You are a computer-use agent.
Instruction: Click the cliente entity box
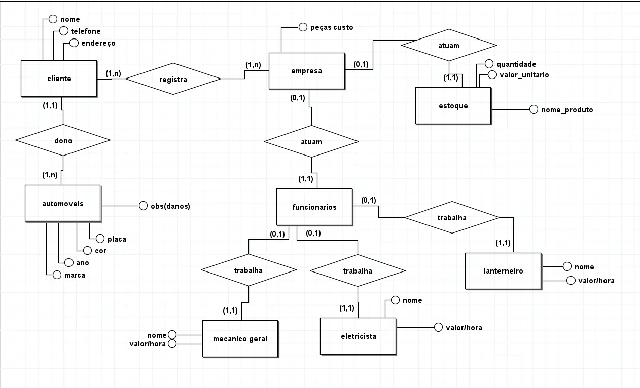point(59,79)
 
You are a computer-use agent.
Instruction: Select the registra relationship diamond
point(173,79)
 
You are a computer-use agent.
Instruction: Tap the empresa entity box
point(306,71)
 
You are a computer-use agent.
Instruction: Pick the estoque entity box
point(453,106)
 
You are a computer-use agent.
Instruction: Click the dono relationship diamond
point(63,141)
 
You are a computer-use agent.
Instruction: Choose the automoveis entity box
point(63,203)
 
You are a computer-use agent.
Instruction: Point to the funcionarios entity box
point(314,207)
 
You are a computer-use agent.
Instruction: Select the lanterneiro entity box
point(503,270)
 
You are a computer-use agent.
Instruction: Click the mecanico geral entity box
point(240,338)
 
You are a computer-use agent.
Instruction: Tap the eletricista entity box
point(358,335)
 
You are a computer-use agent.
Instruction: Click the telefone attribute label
point(85,31)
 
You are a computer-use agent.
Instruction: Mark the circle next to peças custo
point(303,27)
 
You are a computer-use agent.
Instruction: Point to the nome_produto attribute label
point(566,109)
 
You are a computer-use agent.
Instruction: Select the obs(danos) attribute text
point(170,206)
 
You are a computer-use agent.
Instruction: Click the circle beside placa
point(99,239)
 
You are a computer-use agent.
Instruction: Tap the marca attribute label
point(74,275)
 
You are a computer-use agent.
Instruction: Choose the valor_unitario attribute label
point(524,75)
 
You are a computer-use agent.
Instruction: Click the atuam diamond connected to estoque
point(448,46)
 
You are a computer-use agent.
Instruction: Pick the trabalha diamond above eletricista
point(357,271)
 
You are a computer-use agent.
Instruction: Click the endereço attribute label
point(98,43)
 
